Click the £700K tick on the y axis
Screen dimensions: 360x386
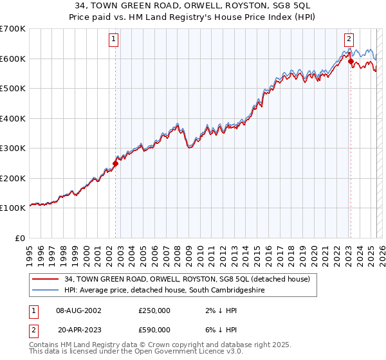point(14,29)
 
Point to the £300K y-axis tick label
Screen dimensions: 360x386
point(14,148)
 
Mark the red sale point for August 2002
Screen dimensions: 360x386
point(116,163)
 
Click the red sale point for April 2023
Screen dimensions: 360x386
point(351,62)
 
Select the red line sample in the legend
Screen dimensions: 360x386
point(45,279)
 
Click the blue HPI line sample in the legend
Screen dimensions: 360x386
point(45,291)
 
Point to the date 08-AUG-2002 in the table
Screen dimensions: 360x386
point(78,310)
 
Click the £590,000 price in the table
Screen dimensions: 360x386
point(154,328)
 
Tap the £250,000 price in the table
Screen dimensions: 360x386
point(154,310)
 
